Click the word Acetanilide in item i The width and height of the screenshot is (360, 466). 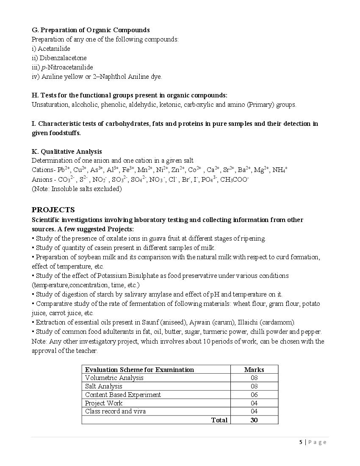(x=55, y=49)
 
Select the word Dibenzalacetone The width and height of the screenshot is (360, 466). (x=63, y=58)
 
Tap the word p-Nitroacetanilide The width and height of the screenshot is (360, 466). (x=70, y=67)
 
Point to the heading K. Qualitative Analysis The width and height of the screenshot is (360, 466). (x=66, y=152)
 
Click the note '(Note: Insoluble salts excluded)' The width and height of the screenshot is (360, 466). (x=77, y=189)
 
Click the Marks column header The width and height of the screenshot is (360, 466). (x=254, y=369)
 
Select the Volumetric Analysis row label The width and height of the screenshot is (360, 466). (x=114, y=378)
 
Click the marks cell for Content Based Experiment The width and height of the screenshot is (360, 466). (x=254, y=395)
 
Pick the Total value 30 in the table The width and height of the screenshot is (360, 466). (x=254, y=420)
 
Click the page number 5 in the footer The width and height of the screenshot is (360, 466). (x=301, y=442)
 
